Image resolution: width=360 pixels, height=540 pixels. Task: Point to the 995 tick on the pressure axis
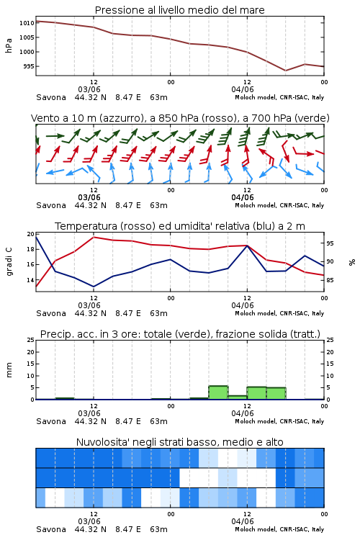(29, 66)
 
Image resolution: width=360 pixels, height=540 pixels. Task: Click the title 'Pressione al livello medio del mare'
(180, 10)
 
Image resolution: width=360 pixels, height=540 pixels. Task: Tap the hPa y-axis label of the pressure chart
(9, 45)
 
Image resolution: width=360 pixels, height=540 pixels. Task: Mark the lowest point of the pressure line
(285, 71)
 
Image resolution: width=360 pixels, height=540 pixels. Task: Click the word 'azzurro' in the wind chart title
(120, 119)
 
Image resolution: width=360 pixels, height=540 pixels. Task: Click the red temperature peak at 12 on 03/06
(94, 237)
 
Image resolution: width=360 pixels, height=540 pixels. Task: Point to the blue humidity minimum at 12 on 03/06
(94, 287)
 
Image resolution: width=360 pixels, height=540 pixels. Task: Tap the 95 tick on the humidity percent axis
(330, 243)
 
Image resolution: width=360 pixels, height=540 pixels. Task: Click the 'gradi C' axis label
(9, 261)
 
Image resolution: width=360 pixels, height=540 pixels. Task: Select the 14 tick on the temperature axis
(31, 280)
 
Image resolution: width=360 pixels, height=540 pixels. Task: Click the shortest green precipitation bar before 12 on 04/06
(238, 397)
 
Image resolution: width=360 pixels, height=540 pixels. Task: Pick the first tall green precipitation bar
(218, 392)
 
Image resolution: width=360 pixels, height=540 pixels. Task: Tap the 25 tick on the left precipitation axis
(31, 340)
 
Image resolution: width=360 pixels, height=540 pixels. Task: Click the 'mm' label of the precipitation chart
(9, 370)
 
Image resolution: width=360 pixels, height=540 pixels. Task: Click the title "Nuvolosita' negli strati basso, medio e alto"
(180, 442)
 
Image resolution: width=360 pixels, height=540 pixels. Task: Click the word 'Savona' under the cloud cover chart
(51, 529)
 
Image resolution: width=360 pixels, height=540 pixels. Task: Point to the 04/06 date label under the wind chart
(243, 198)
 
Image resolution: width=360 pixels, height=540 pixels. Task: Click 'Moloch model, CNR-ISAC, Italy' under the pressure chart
(279, 97)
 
